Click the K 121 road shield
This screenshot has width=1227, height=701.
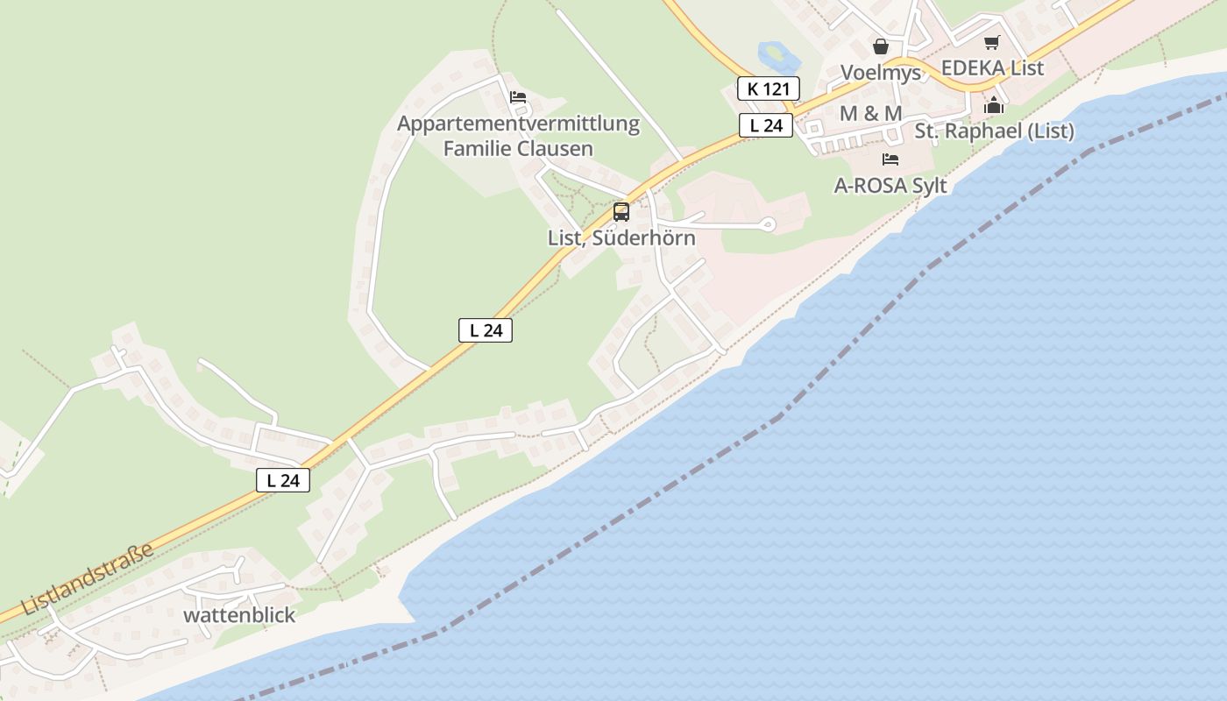[x=768, y=89]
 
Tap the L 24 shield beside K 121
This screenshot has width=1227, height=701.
[x=765, y=125]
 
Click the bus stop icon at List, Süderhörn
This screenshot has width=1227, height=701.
[x=621, y=211]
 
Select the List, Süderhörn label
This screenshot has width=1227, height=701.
[x=621, y=237]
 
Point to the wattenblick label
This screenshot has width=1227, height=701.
[x=239, y=615]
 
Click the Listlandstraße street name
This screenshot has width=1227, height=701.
[x=89, y=578]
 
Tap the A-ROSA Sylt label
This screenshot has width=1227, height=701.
[x=891, y=187]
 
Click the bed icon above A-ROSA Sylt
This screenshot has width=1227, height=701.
[x=890, y=159]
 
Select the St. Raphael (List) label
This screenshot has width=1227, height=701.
[x=994, y=131]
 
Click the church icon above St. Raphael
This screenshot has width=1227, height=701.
[x=994, y=106]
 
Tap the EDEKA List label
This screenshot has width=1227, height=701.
[x=992, y=68]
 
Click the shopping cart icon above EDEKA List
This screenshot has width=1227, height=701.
[x=991, y=43]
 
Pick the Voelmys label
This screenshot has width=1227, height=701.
[x=881, y=72]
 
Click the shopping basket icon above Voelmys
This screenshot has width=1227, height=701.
[x=881, y=46]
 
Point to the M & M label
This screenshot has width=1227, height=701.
[x=870, y=114]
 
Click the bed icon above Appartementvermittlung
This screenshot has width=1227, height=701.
[x=518, y=97]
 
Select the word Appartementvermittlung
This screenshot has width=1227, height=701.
[x=518, y=124]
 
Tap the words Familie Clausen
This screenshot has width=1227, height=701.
[x=518, y=149]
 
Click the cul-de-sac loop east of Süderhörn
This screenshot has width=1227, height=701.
[x=770, y=225]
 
